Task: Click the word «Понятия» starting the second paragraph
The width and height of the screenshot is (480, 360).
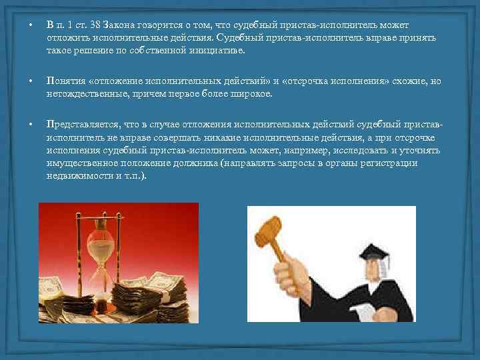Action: tap(65, 81)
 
